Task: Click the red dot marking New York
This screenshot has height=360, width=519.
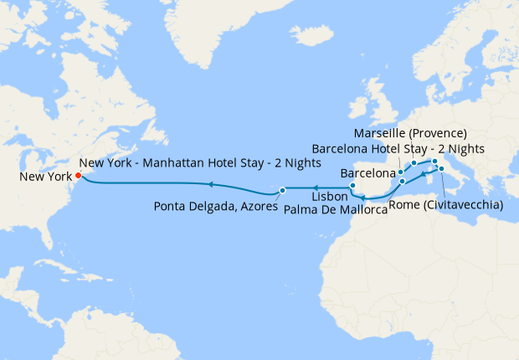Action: click(x=78, y=176)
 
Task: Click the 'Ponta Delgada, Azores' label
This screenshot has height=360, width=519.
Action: click(x=215, y=206)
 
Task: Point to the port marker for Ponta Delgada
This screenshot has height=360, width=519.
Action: click(x=283, y=190)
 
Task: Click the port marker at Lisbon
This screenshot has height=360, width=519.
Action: click(x=352, y=186)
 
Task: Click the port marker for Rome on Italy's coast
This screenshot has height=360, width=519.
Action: click(x=441, y=169)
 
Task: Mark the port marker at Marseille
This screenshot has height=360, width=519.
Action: click(x=414, y=163)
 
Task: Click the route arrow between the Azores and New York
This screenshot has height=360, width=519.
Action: click(x=210, y=183)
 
